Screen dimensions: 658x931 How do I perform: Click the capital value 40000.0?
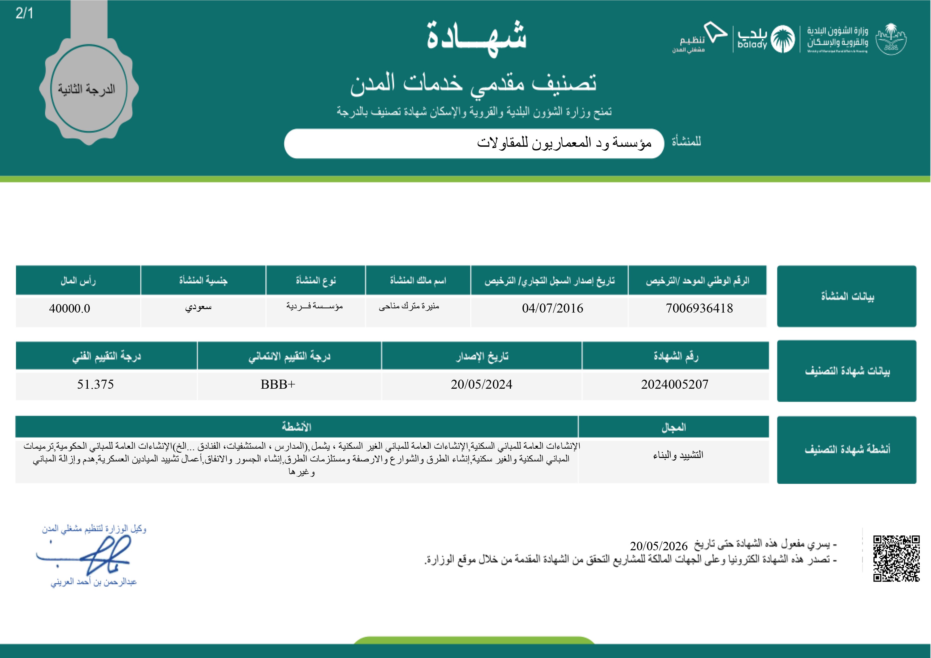(x=69, y=309)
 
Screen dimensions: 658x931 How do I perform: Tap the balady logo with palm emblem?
(x=766, y=39)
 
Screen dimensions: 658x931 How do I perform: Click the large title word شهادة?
(x=476, y=37)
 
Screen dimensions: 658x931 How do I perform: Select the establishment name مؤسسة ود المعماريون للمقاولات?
(x=564, y=143)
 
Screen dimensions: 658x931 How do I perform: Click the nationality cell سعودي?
(x=198, y=307)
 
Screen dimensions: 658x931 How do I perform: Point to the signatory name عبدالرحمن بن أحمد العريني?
(x=94, y=582)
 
